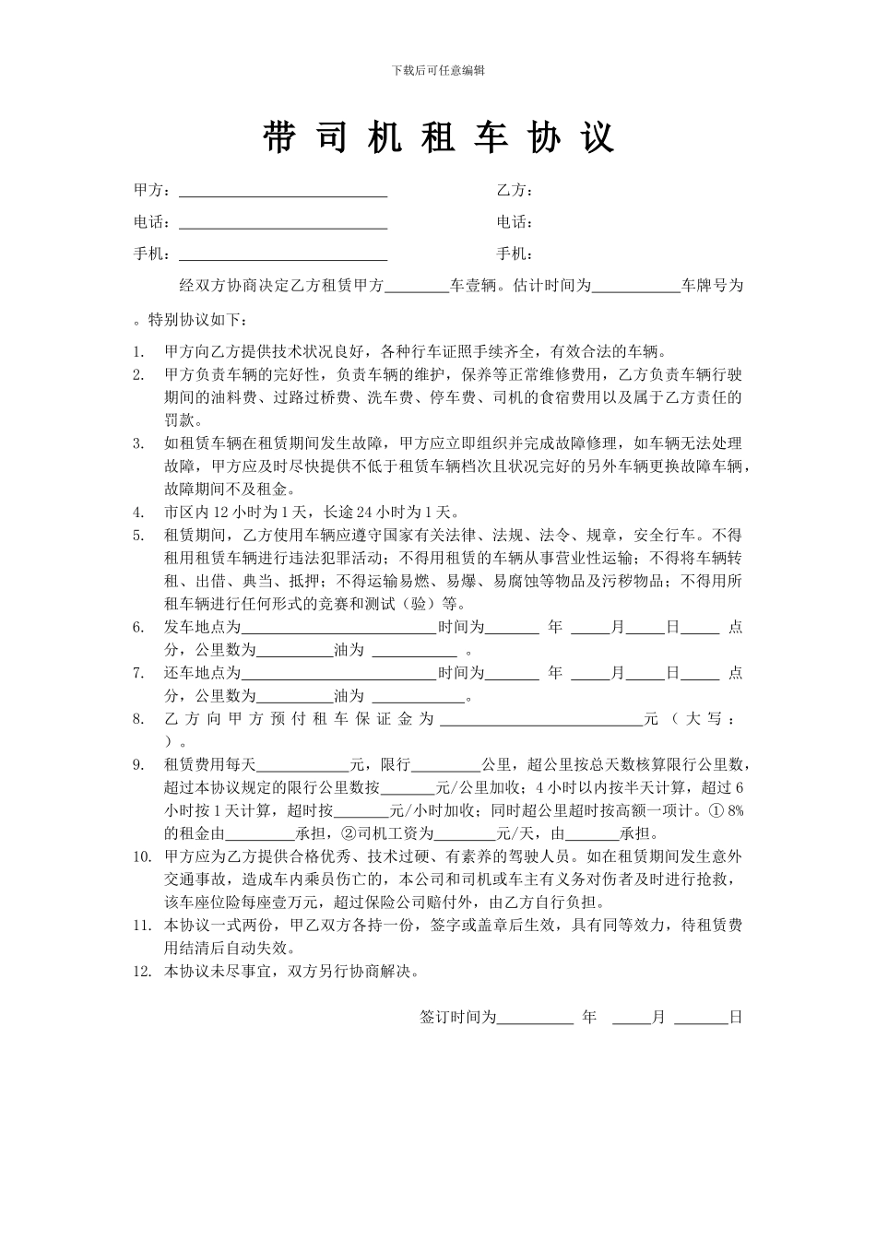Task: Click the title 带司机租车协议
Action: (x=438, y=137)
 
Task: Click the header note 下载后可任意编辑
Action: (x=438, y=70)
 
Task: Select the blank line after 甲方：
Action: (x=282, y=192)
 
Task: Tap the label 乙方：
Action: (x=515, y=190)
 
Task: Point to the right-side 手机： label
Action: (x=515, y=254)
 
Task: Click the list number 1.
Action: (x=138, y=351)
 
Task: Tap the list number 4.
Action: (x=138, y=513)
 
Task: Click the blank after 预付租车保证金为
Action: (x=541, y=720)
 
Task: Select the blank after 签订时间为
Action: (x=535, y=1019)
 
